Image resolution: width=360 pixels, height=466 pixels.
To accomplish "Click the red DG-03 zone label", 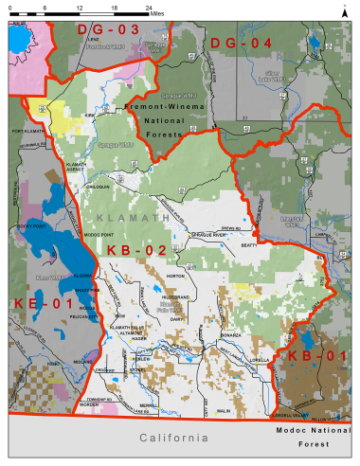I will point(121,29).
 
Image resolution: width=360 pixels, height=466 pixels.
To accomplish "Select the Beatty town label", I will point(249,244).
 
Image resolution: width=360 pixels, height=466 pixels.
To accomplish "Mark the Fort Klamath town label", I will point(28,131).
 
